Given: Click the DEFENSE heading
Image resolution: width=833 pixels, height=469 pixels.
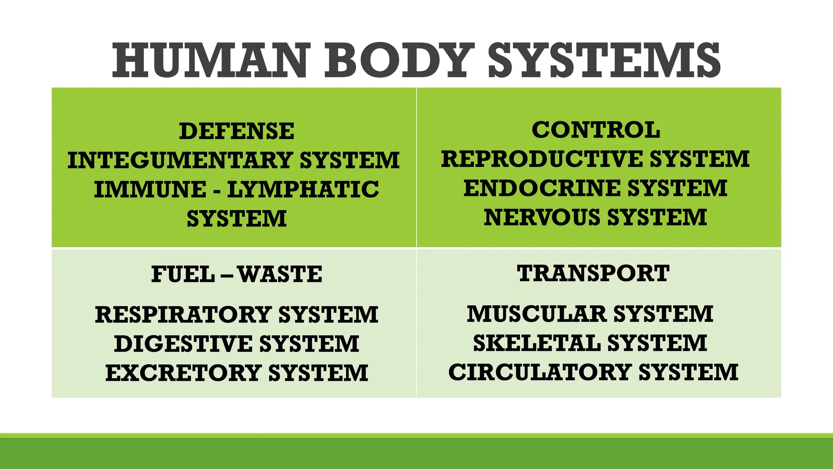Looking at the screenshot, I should [237, 131].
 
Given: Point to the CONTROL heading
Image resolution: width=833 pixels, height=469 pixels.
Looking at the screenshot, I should [596, 130].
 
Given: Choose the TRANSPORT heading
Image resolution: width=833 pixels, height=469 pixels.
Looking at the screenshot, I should [593, 273].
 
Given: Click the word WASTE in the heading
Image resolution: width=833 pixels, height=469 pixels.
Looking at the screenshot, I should [280, 274].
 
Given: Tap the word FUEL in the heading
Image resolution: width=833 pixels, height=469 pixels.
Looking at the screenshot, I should [183, 274].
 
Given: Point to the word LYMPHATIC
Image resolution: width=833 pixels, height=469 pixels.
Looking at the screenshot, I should [303, 190].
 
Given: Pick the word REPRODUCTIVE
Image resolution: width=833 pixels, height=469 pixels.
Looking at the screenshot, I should [542, 159].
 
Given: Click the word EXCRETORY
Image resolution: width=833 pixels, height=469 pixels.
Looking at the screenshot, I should [183, 373].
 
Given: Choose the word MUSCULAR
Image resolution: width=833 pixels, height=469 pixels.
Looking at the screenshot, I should [537, 314].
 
